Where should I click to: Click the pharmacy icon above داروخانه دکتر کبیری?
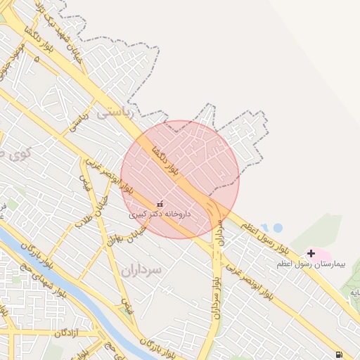click(160, 204)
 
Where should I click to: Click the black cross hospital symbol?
click(311, 253)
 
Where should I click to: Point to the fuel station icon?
click(340, 354)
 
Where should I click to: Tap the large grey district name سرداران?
click(141, 270)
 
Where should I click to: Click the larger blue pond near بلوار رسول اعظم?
click(276, 228)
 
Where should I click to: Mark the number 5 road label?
click(37, 59)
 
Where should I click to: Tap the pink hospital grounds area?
click(319, 254)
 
